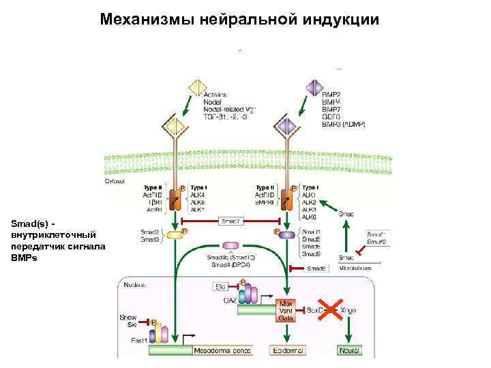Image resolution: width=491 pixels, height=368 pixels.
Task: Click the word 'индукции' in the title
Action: click(x=341, y=18)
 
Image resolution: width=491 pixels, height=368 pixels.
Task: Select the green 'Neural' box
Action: click(x=348, y=350)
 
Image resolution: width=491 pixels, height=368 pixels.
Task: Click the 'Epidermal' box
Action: click(x=288, y=350)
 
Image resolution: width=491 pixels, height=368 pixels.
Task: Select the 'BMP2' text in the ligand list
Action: click(x=331, y=93)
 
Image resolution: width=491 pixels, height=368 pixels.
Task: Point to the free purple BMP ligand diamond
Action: click(x=314, y=88)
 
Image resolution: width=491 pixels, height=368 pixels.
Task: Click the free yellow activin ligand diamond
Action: click(x=197, y=88)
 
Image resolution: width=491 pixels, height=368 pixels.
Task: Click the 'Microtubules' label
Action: click(x=357, y=269)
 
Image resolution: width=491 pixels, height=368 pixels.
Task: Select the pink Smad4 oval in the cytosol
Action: click(x=231, y=245)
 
